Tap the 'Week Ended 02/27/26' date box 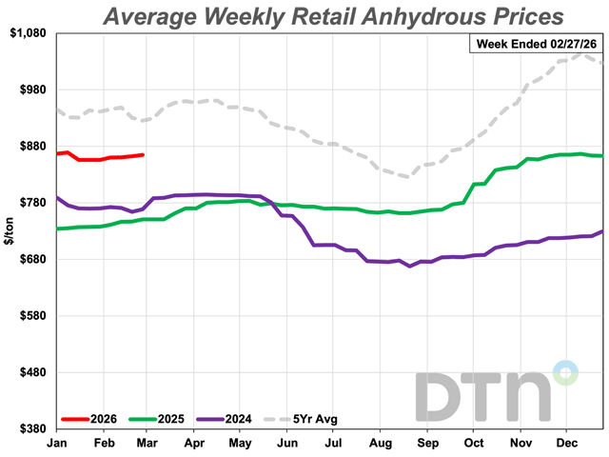536,43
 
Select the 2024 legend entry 235,418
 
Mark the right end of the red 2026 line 143,154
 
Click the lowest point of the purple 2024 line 409,267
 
